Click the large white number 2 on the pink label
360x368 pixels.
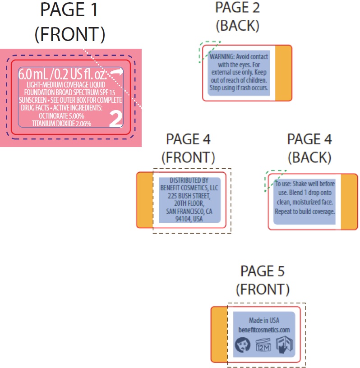pos(116,118)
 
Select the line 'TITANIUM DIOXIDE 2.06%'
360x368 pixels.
pos(61,123)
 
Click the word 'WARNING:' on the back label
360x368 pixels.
pos(222,57)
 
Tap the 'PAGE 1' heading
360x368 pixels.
pos(69,10)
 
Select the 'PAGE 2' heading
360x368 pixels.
pos(237,8)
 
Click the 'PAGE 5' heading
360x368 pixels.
pos(263,271)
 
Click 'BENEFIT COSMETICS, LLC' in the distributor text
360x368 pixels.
pos(189,188)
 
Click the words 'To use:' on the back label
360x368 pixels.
pos(284,184)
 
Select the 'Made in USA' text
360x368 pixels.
pos(264,321)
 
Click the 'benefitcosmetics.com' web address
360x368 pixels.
pos(264,330)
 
